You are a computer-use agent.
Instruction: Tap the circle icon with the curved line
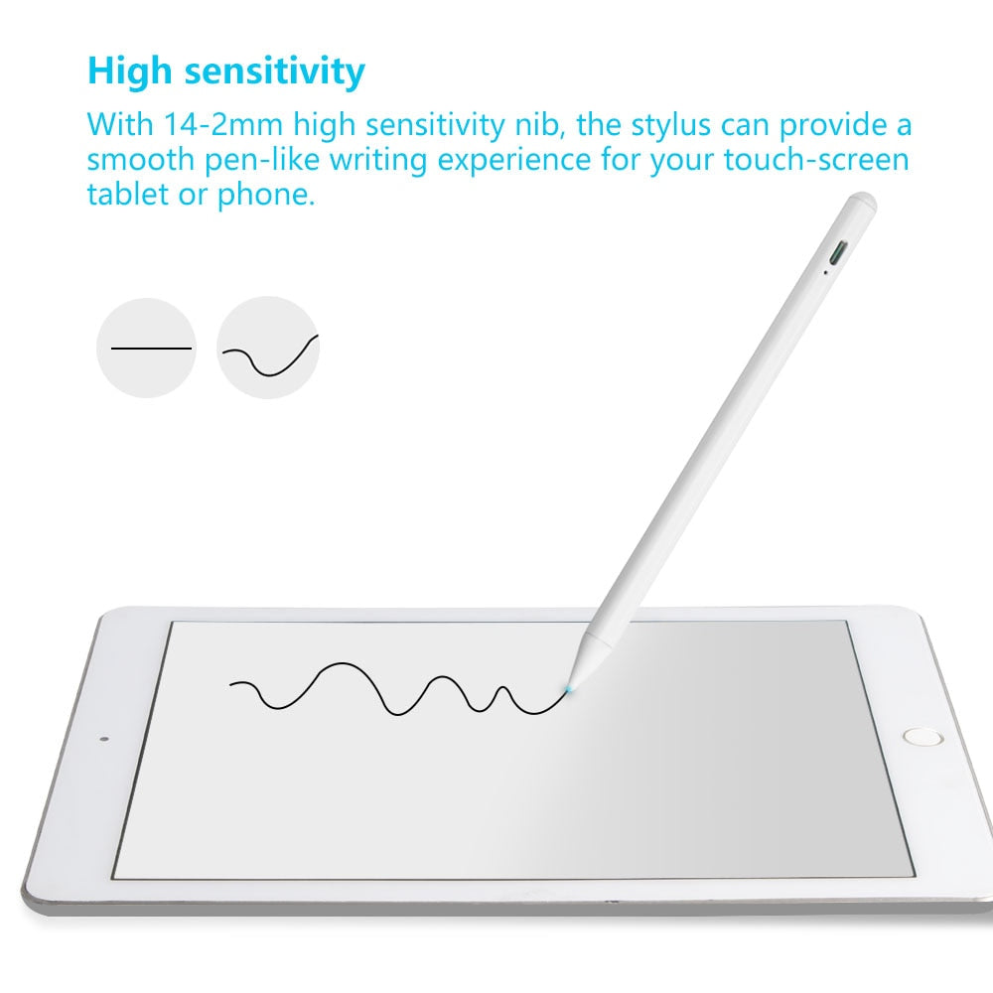pyautogui.click(x=268, y=348)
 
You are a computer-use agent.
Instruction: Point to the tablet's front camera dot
pyautogui.click(x=104, y=739)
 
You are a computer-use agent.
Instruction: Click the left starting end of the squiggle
pyautogui.click(x=232, y=683)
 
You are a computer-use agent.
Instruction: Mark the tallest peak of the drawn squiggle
pyautogui.click(x=344, y=663)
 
